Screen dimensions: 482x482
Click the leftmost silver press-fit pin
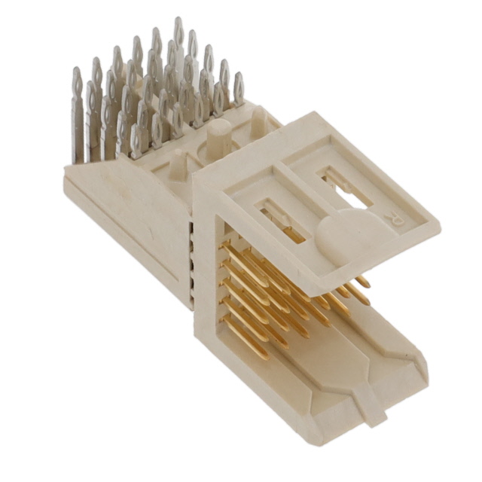[x=77, y=113]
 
